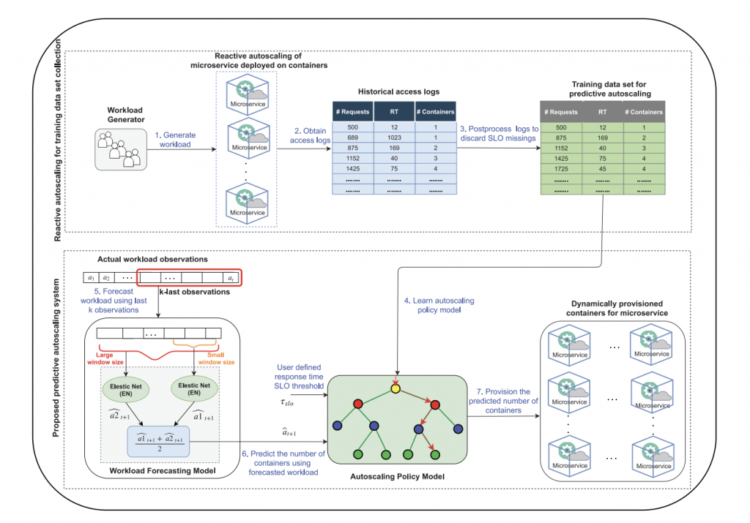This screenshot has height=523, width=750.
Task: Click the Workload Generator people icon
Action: [120, 149]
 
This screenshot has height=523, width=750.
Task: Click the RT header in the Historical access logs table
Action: [394, 112]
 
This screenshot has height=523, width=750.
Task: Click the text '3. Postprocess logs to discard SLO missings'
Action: [499, 134]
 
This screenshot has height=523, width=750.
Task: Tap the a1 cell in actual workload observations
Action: [91, 278]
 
